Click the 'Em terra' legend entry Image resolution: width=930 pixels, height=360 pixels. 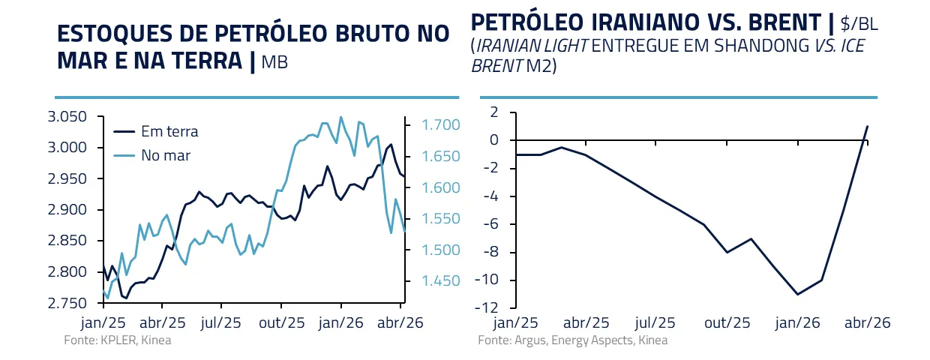[170, 131]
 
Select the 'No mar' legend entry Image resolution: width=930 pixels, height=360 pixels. [165, 155]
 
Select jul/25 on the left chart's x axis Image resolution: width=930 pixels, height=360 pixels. [221, 322]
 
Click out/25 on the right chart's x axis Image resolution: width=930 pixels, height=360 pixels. [727, 323]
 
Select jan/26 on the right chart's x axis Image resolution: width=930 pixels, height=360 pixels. [797, 323]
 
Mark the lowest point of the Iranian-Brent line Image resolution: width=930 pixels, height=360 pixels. [796, 294]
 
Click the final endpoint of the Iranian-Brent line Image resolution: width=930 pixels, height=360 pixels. [868, 126]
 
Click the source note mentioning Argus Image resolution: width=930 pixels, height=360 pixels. [572, 340]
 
